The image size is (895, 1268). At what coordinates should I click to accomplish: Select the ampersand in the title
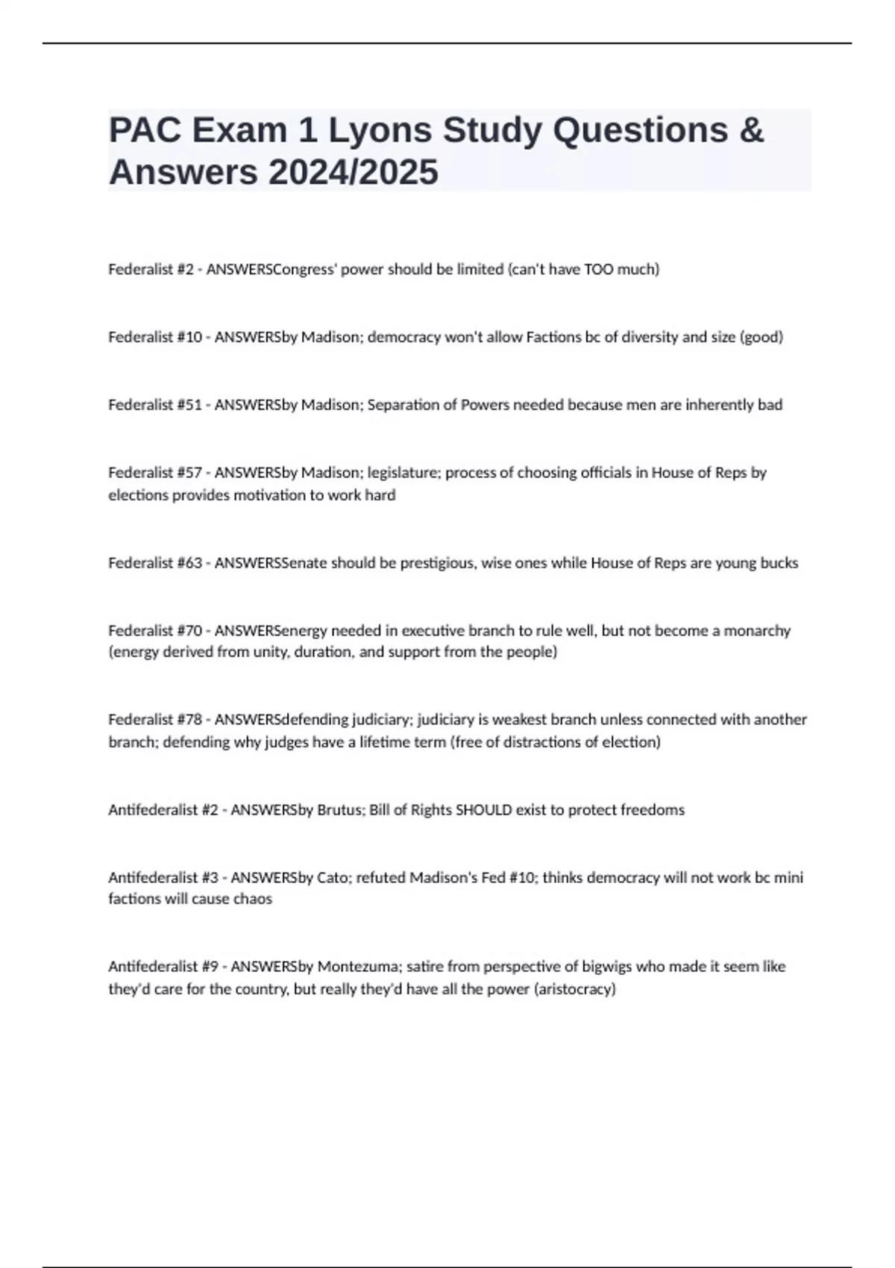click(x=752, y=131)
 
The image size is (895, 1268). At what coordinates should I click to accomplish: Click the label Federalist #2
click(x=150, y=269)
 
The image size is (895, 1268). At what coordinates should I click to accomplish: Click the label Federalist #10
click(x=154, y=337)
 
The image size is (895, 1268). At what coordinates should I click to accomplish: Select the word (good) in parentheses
click(x=761, y=337)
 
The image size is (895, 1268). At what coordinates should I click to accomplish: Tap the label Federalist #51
click(x=154, y=405)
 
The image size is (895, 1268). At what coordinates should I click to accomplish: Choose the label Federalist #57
click(x=154, y=473)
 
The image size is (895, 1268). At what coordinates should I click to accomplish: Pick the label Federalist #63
click(x=154, y=563)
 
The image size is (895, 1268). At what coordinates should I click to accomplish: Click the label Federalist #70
click(x=154, y=631)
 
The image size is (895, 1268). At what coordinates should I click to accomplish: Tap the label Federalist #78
click(x=154, y=720)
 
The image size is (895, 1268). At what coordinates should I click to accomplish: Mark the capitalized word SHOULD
click(x=483, y=810)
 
